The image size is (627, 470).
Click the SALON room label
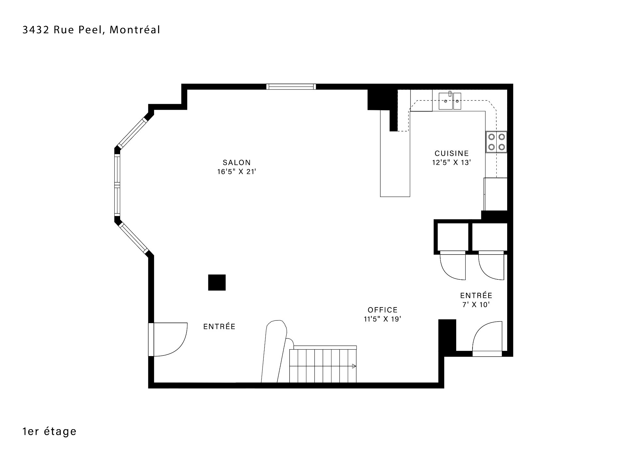(237, 163)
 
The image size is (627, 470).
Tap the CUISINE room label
(452, 153)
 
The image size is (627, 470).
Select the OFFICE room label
(383, 310)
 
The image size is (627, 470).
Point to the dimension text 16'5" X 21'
(236, 172)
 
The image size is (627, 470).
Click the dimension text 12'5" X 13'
(452, 162)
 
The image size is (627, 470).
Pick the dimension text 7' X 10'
(476, 305)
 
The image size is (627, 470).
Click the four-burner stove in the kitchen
(496, 142)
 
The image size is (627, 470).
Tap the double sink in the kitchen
(450, 101)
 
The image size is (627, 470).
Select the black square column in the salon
(217, 282)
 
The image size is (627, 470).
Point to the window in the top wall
(291, 86)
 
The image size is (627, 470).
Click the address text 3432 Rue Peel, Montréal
(91, 30)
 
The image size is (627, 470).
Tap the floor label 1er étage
(49, 431)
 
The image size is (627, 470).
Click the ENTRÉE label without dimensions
(219, 326)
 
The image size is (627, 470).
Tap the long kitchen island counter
(395, 153)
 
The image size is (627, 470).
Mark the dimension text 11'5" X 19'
(383, 319)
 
